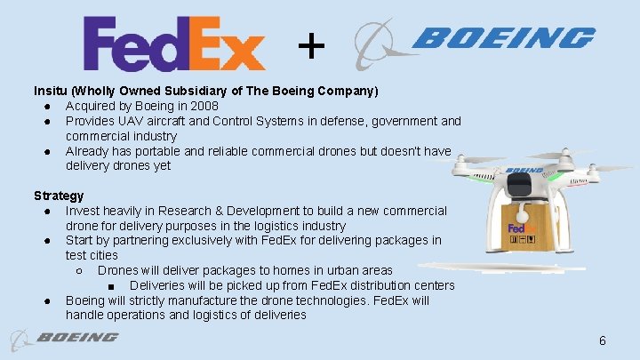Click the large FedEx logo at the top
tap(174, 44)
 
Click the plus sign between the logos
tap(310, 44)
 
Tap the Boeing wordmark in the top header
tap(503, 37)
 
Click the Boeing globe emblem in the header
tap(375, 43)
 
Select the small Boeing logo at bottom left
tap(64, 338)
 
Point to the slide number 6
tap(602, 340)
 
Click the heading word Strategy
tap(59, 196)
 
